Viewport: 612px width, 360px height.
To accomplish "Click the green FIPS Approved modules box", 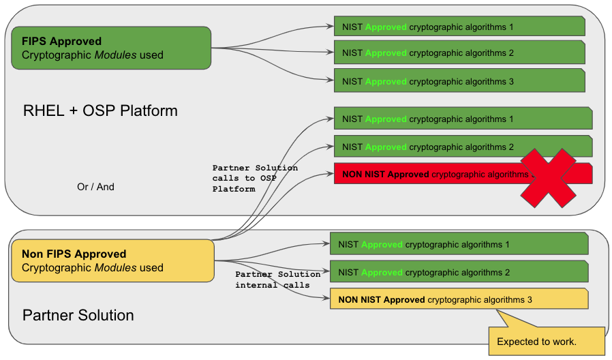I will pos(111,48).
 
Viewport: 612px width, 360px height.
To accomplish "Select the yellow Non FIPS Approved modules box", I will pos(112,260).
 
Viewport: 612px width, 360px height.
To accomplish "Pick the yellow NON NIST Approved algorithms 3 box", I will pos(458,299).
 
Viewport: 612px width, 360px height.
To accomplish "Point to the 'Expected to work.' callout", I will pos(546,341).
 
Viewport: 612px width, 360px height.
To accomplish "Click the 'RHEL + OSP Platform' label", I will pos(100,110).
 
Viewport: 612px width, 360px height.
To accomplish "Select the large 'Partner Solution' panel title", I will pos(78,315).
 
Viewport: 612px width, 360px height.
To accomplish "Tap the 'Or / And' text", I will pos(95,186).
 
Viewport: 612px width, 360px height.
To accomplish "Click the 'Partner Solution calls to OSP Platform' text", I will pos(255,178).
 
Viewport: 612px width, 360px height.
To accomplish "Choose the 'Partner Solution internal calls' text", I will pos(277,280).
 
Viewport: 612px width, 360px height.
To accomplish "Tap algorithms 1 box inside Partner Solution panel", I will pos(458,244).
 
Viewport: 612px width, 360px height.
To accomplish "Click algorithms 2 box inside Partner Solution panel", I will pos(458,272).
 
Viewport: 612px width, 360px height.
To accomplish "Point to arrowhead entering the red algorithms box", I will pos(330,174).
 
